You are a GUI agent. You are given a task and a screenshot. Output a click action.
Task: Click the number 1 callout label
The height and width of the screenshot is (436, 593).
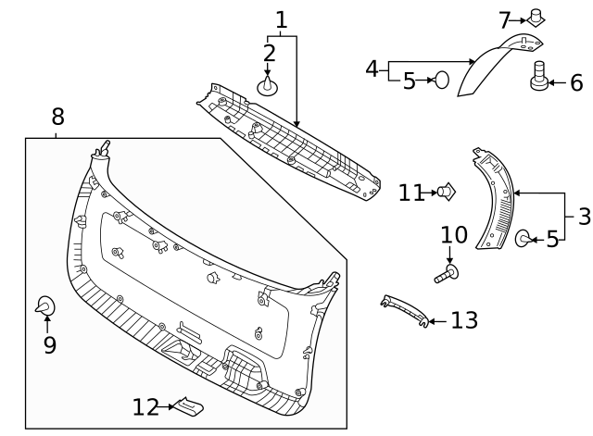tap(282, 19)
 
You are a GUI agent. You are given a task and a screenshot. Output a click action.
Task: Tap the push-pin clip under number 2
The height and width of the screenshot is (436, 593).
tap(268, 86)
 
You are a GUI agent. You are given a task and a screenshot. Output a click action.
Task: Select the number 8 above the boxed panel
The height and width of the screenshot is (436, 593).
tap(57, 117)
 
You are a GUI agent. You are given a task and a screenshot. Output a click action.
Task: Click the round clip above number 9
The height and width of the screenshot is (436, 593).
tap(44, 305)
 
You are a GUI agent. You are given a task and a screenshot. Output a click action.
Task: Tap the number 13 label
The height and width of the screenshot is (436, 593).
tap(464, 320)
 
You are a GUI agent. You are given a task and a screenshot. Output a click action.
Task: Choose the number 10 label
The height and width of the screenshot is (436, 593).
tap(454, 235)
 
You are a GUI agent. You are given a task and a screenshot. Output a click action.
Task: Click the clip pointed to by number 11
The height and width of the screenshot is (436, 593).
tap(448, 192)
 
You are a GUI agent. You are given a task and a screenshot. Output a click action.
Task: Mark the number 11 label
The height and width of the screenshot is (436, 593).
tap(410, 193)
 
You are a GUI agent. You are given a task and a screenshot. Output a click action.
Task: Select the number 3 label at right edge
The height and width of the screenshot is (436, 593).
tap(583, 217)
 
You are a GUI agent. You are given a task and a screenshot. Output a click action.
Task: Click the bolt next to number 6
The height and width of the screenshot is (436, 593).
tap(538, 77)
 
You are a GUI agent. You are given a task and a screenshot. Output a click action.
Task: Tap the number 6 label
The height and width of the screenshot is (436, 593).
tap(575, 83)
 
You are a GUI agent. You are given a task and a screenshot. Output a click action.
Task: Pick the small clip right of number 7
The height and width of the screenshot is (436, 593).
tap(536, 17)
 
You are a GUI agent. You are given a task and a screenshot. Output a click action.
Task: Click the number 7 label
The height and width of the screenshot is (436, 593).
tap(505, 19)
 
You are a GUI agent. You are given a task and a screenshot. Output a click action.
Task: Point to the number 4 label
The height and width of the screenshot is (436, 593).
tap(372, 69)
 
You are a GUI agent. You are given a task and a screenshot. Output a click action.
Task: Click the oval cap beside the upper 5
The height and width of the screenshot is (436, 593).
tap(442, 81)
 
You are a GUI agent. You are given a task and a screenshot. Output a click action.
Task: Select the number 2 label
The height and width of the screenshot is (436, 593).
tap(269, 53)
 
